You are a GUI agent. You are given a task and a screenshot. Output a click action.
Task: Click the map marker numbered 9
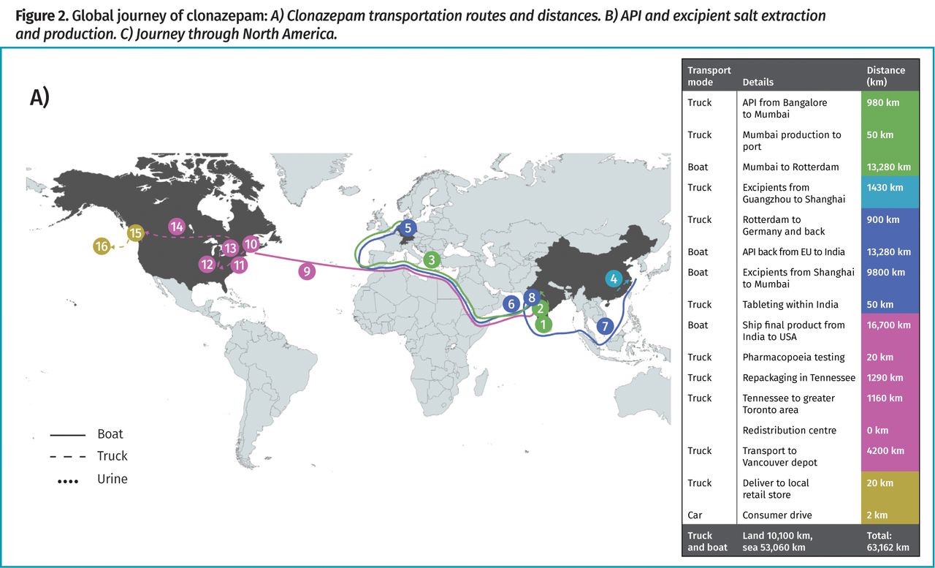coord(307,271)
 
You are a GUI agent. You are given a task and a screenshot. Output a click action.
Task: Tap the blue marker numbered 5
coord(408,228)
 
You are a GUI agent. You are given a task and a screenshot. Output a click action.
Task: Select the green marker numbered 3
coord(432,260)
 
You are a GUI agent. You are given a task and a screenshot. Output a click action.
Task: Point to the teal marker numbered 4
coord(614,279)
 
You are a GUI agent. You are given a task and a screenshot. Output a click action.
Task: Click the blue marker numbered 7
coord(604,326)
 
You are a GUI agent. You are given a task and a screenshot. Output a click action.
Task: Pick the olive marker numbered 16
coord(102,246)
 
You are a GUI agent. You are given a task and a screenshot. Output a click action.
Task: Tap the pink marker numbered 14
coord(176,227)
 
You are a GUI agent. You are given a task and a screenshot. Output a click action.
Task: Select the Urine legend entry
coord(112,479)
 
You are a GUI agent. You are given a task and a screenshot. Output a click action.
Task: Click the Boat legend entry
coord(110,434)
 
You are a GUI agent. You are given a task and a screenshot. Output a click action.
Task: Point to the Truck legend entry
coord(112,456)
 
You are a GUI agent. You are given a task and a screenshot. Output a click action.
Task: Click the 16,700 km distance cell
coord(888,325)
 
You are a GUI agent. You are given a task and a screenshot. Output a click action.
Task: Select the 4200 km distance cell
coord(885,451)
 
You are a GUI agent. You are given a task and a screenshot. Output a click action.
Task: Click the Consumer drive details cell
coord(776,515)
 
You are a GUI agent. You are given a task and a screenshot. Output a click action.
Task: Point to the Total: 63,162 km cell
coord(888,542)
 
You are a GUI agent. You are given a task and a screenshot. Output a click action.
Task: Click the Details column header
coord(757,83)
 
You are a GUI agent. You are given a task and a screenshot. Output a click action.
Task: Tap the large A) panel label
coord(39,98)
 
